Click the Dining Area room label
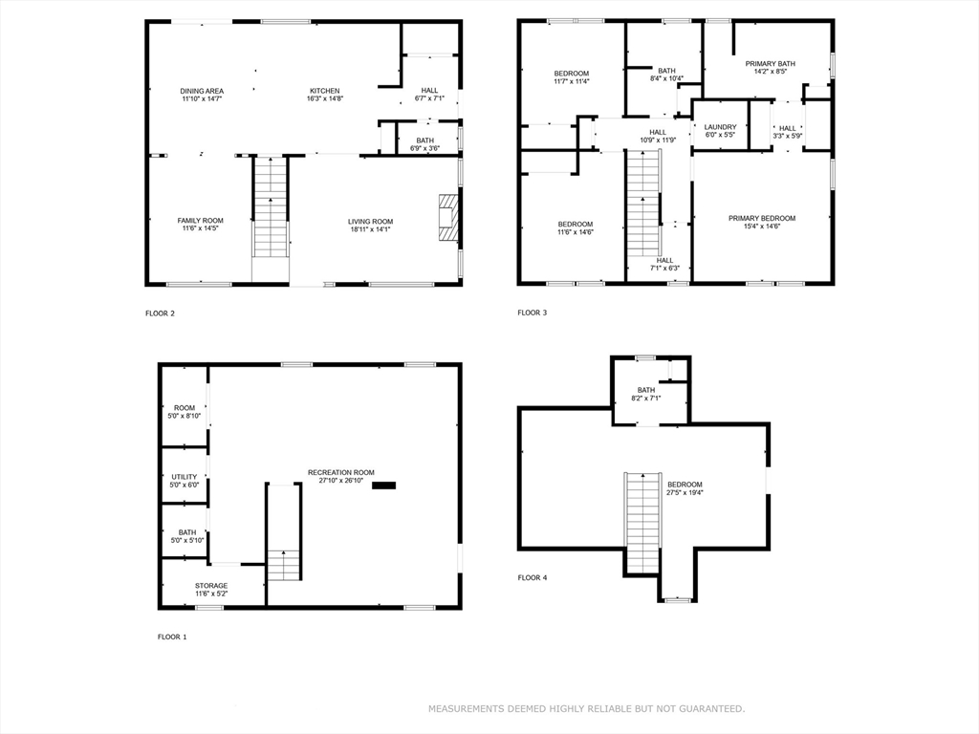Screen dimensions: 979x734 [202, 91]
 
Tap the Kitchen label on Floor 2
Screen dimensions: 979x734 [325, 91]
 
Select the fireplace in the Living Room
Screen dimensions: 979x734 [448, 217]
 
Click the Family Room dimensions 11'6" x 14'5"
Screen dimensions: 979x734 [201, 228]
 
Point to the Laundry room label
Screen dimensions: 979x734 [721, 127]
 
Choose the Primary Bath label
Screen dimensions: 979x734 [771, 64]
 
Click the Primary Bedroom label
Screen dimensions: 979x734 [762, 219]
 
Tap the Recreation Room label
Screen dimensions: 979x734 [341, 472]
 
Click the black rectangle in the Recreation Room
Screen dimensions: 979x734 [384, 486]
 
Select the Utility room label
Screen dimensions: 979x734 [185, 477]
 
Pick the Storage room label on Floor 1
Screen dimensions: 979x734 [211, 586]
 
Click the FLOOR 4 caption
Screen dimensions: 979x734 [532, 578]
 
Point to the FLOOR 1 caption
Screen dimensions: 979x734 [172, 637]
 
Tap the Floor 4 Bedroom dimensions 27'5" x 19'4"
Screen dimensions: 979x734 [685, 492]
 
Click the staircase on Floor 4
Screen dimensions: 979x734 [642, 522]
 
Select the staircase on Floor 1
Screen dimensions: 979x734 [284, 531]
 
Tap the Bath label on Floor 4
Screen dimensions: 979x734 [646, 390]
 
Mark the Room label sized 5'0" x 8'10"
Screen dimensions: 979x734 [185, 408]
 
